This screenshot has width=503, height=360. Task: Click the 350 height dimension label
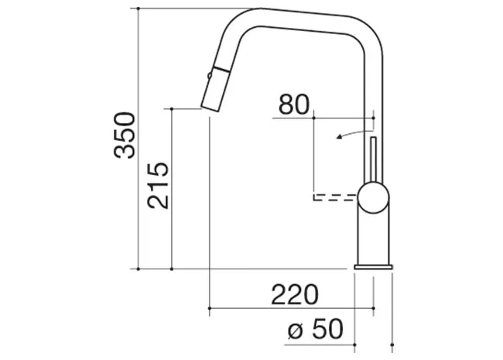pyautogui.click(x=125, y=135)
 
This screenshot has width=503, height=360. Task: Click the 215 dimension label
pyautogui.click(x=158, y=186)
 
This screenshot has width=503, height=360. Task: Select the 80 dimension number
pyautogui.click(x=294, y=105)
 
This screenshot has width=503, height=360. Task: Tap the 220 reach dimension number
pyautogui.click(x=295, y=294)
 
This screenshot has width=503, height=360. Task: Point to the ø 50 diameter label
pyautogui.click(x=315, y=329)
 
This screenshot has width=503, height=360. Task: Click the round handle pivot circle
pyautogui.click(x=374, y=197)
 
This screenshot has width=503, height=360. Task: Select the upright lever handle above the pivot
pyautogui.click(x=373, y=159)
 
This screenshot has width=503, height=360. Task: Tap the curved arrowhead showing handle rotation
pyautogui.click(x=339, y=137)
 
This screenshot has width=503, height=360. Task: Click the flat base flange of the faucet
pyautogui.click(x=374, y=267)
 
